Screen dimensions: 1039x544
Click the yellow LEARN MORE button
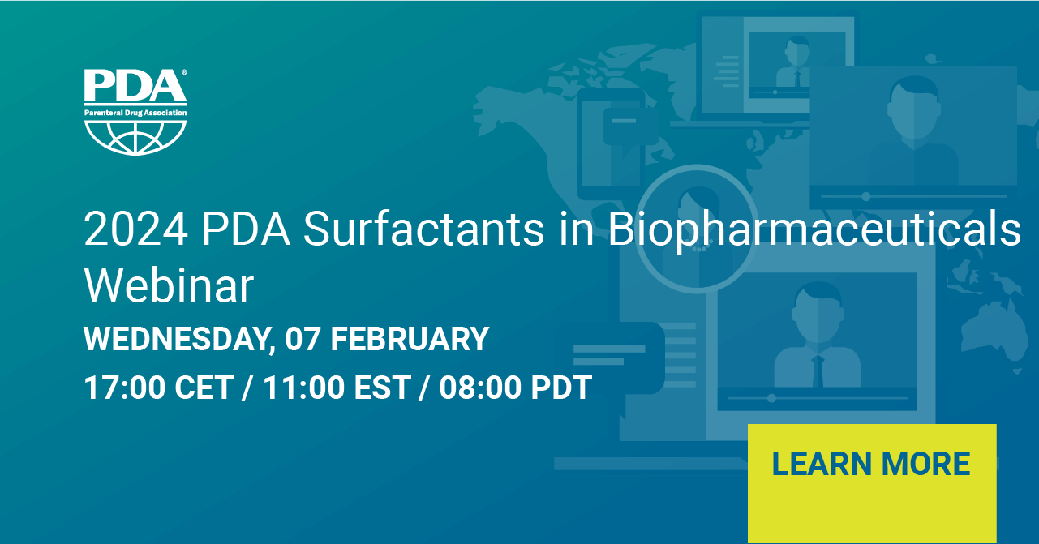click(872, 483)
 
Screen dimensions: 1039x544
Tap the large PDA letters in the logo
click(135, 85)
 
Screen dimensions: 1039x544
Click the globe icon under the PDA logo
click(135, 138)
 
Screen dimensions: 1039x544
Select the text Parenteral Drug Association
click(135, 113)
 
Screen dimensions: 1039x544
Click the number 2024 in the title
click(136, 229)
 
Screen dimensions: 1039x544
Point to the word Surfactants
click(423, 229)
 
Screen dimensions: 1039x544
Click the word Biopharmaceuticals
click(814, 231)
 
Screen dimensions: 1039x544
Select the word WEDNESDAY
click(177, 340)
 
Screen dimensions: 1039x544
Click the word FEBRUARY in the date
click(410, 339)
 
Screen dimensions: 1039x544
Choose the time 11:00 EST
click(337, 388)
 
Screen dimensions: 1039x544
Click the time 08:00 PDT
click(515, 388)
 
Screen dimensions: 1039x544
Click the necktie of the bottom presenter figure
click(818, 371)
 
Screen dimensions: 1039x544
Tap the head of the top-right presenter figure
click(914, 108)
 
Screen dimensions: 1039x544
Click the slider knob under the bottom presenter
click(771, 398)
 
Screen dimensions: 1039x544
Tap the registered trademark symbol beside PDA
click(184, 72)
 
